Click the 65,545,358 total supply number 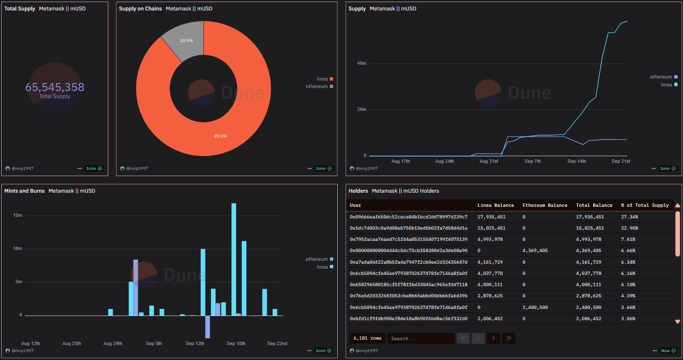pos(55,87)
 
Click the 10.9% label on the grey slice pos(186,41)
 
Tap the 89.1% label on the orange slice pos(220,136)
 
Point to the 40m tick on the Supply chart pos(361,64)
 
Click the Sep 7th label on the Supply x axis pos(532,161)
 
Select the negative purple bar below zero pos(207,327)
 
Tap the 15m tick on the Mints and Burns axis pos(17,215)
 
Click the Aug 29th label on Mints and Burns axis pos(112,343)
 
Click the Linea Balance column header pos(495,205)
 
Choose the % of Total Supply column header pos(644,205)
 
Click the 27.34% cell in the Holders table pos(629,217)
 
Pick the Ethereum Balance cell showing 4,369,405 pos(535,251)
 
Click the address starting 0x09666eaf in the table pos(408,217)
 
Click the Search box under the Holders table pos(420,338)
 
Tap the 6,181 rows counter pos(367,338)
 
